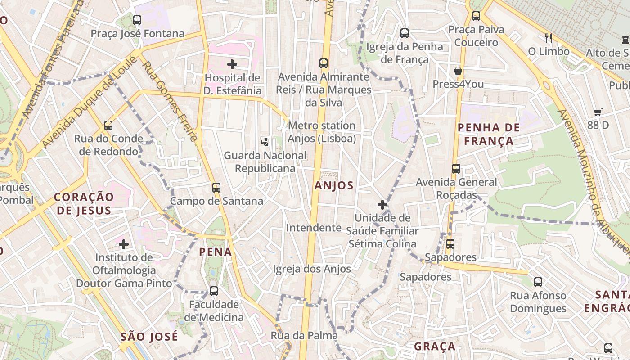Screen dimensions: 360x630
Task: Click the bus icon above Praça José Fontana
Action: pyautogui.click(x=137, y=20)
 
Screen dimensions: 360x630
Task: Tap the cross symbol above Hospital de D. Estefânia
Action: pyautogui.click(x=232, y=64)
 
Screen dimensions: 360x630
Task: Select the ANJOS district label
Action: pyautogui.click(x=334, y=185)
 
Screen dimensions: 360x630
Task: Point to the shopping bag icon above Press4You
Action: pyautogui.click(x=458, y=71)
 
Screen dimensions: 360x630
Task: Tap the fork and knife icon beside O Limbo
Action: pyautogui.click(x=548, y=38)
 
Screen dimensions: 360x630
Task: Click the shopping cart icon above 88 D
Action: pyautogui.click(x=598, y=112)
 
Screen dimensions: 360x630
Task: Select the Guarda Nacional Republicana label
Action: pyautogui.click(x=265, y=162)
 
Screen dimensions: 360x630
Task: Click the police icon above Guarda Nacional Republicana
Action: pyautogui.click(x=265, y=142)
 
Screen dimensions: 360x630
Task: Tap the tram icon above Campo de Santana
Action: pyautogui.click(x=216, y=188)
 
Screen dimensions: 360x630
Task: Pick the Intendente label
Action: pyautogui.click(x=314, y=228)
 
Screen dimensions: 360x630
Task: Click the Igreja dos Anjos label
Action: pyautogui.click(x=312, y=269)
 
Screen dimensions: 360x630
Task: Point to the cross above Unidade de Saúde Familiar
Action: pyautogui.click(x=382, y=205)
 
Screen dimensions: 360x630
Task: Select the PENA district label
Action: pyautogui.click(x=216, y=252)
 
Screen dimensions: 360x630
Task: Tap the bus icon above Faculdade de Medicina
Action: pyautogui.click(x=214, y=291)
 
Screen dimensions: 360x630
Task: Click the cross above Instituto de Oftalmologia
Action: pyautogui.click(x=124, y=244)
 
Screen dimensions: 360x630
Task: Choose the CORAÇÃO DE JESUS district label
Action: pyautogui.click(x=83, y=203)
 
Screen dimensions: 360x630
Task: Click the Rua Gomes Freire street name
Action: pyautogui.click(x=170, y=101)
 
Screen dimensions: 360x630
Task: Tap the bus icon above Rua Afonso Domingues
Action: pyautogui.click(x=538, y=282)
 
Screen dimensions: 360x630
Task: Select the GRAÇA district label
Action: pyautogui.click(x=435, y=346)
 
